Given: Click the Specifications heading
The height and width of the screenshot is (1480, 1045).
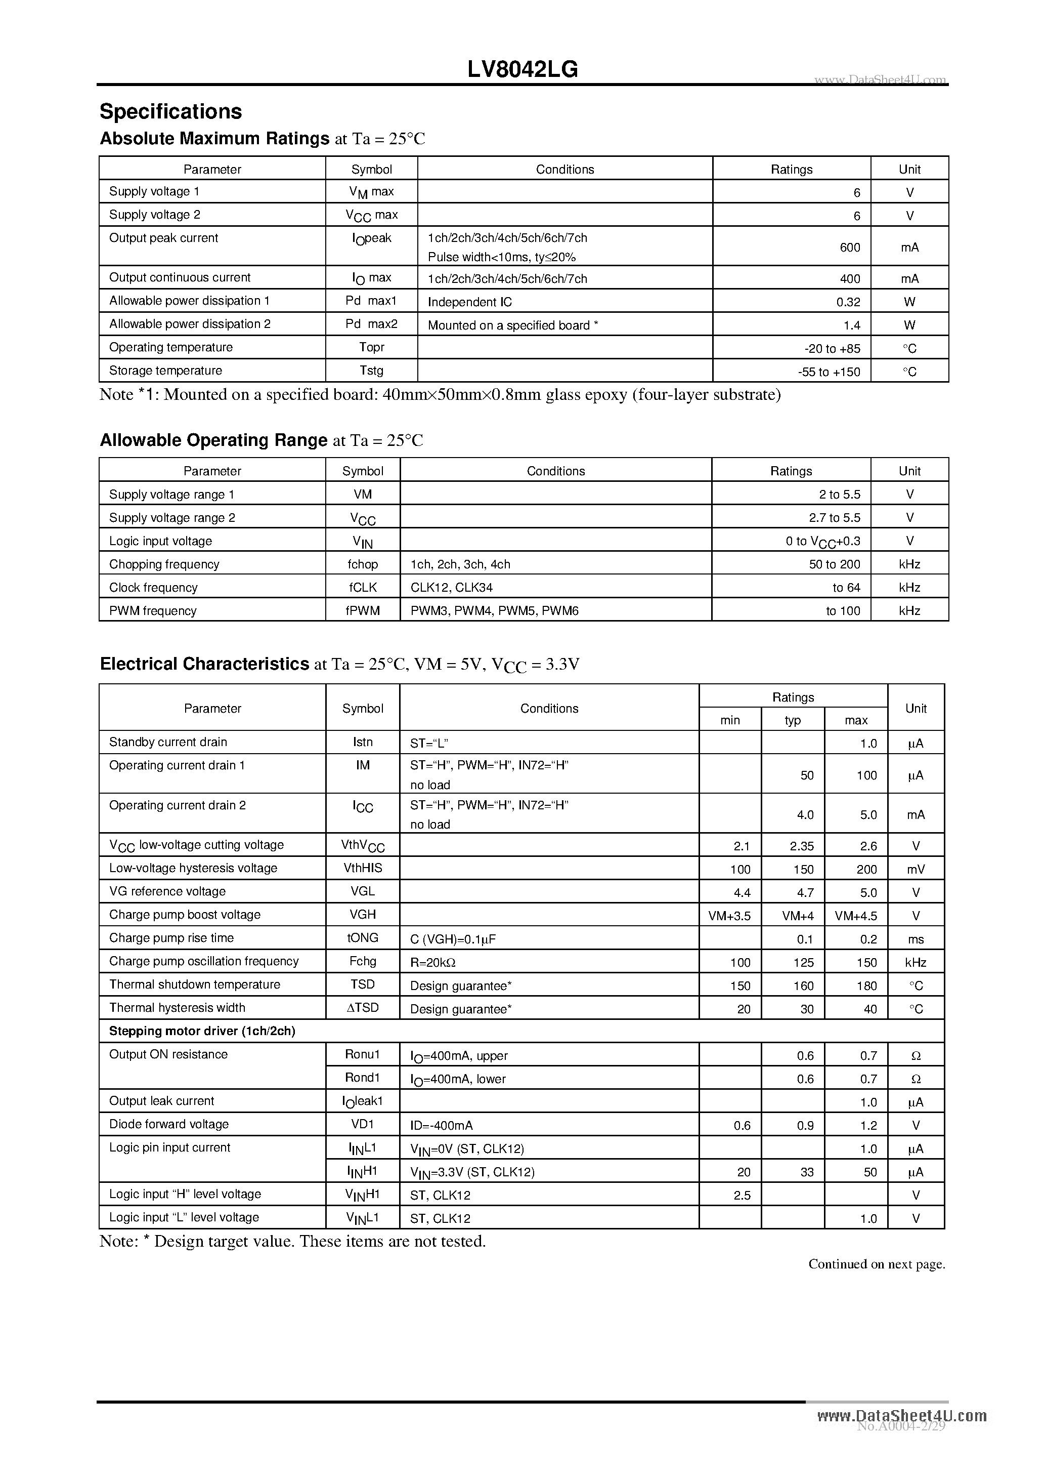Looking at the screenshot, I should tap(171, 111).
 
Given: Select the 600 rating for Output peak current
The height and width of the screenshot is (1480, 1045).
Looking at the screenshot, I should tap(850, 248).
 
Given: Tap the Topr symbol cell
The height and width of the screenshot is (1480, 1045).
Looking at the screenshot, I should tap(371, 347).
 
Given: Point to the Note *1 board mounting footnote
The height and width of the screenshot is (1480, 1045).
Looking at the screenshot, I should tap(440, 394).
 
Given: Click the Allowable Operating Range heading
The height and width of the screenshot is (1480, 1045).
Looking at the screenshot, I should tap(213, 440).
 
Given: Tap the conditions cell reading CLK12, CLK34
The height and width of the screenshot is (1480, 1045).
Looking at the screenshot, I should tap(452, 588).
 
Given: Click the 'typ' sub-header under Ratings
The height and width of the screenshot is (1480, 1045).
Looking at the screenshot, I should tap(793, 721).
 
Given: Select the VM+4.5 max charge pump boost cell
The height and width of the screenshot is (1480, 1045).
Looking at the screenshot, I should tap(856, 916).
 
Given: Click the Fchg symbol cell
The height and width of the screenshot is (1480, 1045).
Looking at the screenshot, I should tap(363, 961).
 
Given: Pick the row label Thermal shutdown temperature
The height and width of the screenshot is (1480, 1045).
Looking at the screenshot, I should tap(195, 984).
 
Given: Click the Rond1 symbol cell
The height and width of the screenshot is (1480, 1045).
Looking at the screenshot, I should tap(363, 1078).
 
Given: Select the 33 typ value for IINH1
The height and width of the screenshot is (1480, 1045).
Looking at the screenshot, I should tap(807, 1173).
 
